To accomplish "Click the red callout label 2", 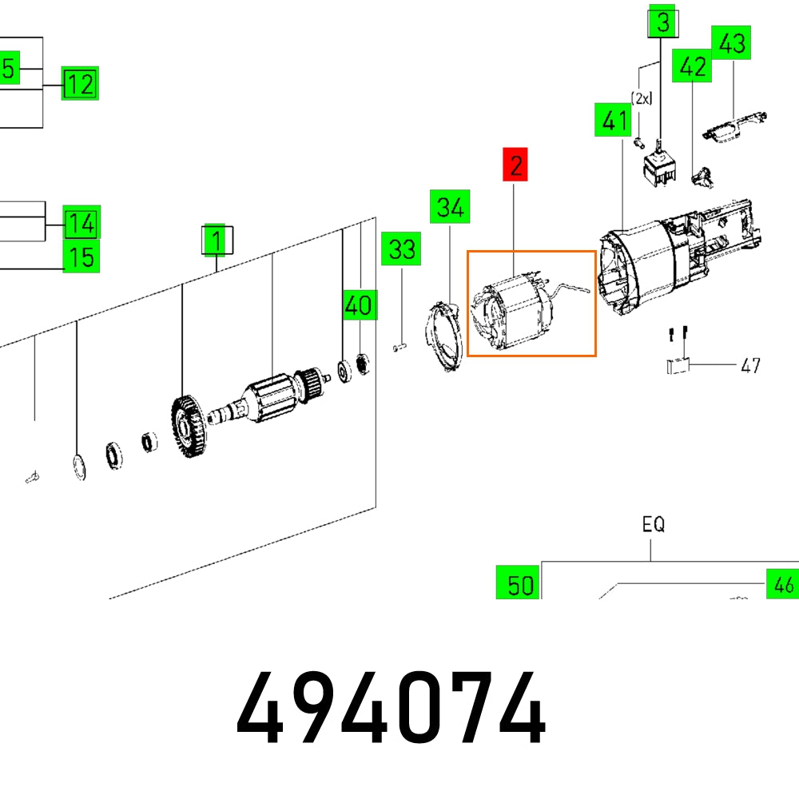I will (515, 165).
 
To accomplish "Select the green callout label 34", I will (450, 207).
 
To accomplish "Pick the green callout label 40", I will (359, 304).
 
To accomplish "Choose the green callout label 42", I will (692, 66).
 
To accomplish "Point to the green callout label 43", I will (733, 44).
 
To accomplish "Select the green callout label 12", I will (80, 84).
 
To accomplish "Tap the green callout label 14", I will (81, 224).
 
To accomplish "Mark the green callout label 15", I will (81, 257).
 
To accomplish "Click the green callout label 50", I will (519, 584).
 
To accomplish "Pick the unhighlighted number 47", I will (750, 366).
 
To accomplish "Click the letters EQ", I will (653, 525).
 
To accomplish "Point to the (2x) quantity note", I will (642, 98).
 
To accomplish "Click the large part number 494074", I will (392, 709).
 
